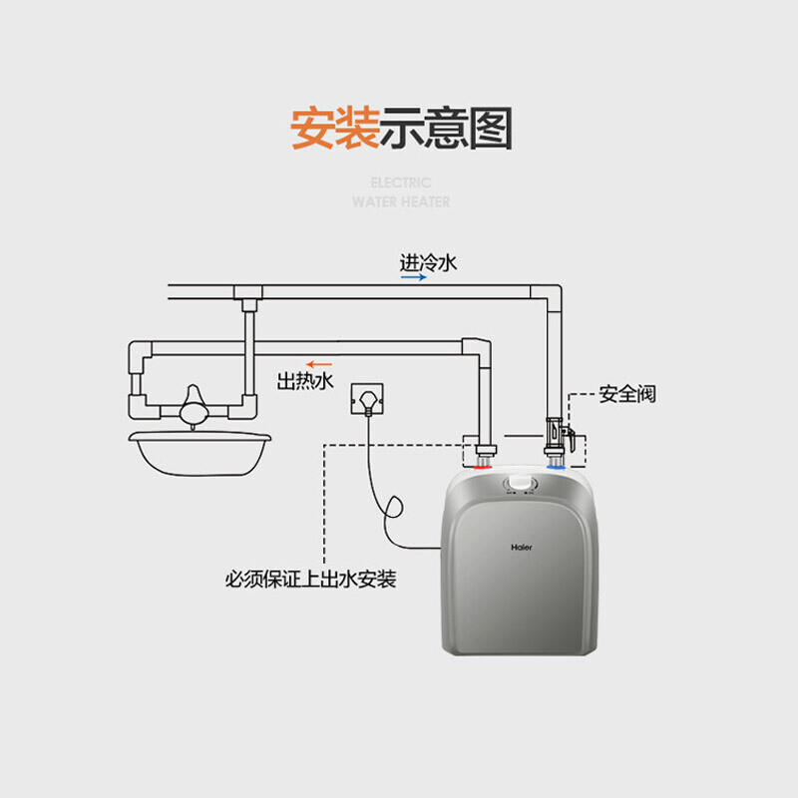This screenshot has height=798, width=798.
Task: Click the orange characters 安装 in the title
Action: point(335,128)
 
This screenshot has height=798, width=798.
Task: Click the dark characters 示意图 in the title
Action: point(446,128)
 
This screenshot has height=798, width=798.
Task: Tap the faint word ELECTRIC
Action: point(401,183)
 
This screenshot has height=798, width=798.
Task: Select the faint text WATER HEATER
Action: point(401,202)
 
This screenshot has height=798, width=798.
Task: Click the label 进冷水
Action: point(428,263)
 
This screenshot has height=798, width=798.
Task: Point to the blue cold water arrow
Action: point(413,277)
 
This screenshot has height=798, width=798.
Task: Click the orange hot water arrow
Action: point(319,364)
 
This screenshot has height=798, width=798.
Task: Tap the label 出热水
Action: point(305,381)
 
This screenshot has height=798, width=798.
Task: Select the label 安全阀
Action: point(627,394)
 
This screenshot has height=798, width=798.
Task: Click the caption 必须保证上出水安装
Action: point(310,580)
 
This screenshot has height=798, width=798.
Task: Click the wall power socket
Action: point(367,399)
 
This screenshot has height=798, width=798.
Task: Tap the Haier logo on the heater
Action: point(521,547)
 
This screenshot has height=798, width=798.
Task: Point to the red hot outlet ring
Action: point(483,467)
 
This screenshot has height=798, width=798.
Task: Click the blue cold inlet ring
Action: point(556,467)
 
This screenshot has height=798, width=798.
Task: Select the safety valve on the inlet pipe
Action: point(560,436)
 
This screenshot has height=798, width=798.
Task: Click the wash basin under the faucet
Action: point(199,454)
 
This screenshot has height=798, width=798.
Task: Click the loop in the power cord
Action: point(393,507)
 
